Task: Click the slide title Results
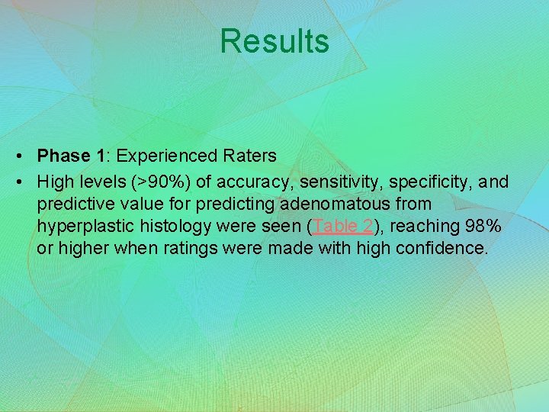274,41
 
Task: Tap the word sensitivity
338,182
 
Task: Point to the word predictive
74,204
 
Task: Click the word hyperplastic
83,227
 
